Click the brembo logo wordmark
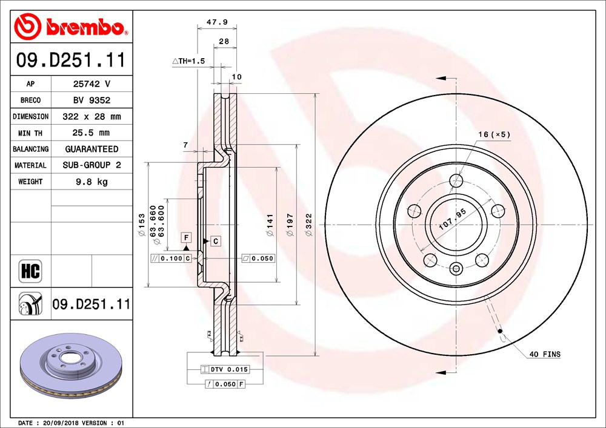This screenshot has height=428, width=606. tap(85, 27)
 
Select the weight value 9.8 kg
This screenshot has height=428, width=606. tap(92, 182)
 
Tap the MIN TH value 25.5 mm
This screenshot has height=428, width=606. tap(91, 133)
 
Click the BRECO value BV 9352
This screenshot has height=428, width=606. tap(92, 100)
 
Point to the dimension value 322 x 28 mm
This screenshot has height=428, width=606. tap(92, 117)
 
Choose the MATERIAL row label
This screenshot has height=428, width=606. tap(30, 165)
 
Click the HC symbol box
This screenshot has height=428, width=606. tap(30, 271)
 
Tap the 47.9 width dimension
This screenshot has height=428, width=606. tap(217, 22)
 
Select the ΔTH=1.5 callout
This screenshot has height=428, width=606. tap(188, 61)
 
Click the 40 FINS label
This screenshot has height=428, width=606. tap(545, 354)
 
